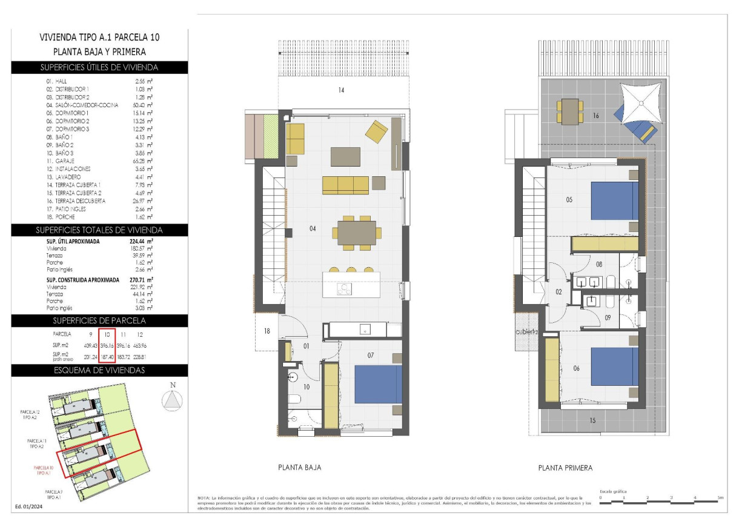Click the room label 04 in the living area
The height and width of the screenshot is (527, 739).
(x=296, y=229)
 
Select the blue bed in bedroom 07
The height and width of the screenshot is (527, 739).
(x=378, y=383)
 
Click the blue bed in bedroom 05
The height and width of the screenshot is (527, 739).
(x=614, y=201)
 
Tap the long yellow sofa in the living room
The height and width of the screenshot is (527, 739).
(x=345, y=185)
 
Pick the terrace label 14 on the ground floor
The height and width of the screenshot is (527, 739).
(x=341, y=91)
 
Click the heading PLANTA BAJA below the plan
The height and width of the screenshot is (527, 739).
(x=299, y=468)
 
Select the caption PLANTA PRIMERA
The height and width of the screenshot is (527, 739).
(x=565, y=468)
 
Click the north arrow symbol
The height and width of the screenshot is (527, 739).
(x=173, y=400)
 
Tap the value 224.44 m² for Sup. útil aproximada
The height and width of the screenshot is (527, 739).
(x=142, y=240)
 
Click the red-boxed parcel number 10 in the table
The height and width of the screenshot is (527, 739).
(x=107, y=334)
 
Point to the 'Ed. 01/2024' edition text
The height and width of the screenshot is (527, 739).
(x=29, y=506)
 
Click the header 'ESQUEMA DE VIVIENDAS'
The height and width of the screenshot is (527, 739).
(x=99, y=370)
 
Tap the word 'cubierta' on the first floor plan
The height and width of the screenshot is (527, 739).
(x=527, y=331)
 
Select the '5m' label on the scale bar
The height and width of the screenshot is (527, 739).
(x=720, y=497)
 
